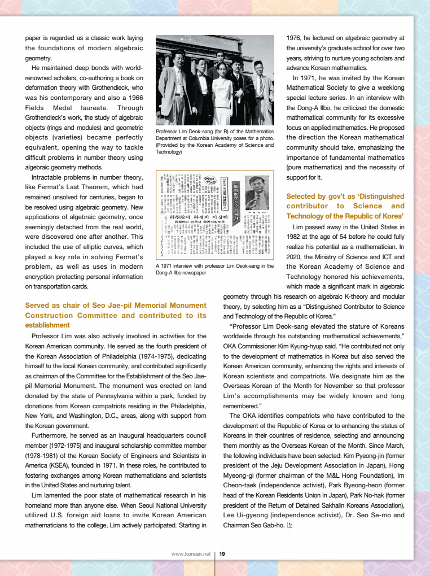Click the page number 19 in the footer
(x=222, y=554)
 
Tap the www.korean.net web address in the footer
(x=191, y=554)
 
